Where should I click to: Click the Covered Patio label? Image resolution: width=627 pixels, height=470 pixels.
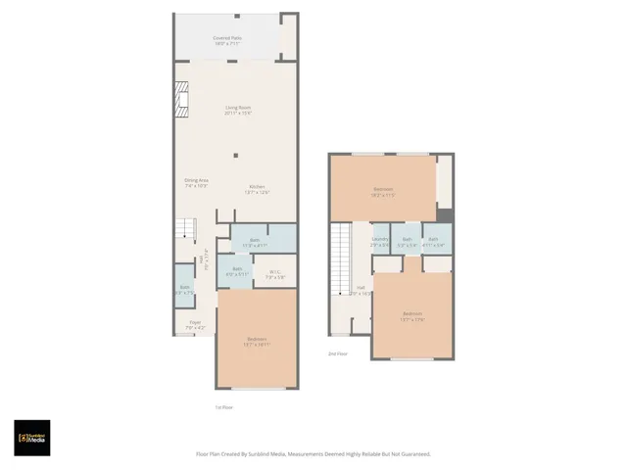(227, 40)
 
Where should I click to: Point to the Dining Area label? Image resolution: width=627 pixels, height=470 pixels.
(197, 182)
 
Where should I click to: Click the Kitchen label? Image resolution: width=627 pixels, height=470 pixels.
(257, 188)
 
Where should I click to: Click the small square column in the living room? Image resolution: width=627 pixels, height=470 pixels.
(235, 155)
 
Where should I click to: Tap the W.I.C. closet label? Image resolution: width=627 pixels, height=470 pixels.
(275, 275)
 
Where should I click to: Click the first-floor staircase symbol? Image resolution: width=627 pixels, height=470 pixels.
(186, 229)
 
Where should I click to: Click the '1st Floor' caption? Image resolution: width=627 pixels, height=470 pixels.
(224, 406)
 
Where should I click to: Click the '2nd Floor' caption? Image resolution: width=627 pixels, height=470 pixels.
(338, 353)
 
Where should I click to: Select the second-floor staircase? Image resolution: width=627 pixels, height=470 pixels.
(340, 259)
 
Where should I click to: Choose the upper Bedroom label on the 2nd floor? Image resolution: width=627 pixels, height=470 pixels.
(383, 191)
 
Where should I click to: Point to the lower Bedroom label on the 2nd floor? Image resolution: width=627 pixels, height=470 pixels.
(411, 315)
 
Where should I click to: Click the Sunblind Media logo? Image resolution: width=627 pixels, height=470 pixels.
(31, 438)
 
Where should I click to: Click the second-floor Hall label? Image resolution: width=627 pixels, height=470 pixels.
(361, 291)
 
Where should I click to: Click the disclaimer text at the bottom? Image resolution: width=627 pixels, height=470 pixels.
(313, 454)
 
